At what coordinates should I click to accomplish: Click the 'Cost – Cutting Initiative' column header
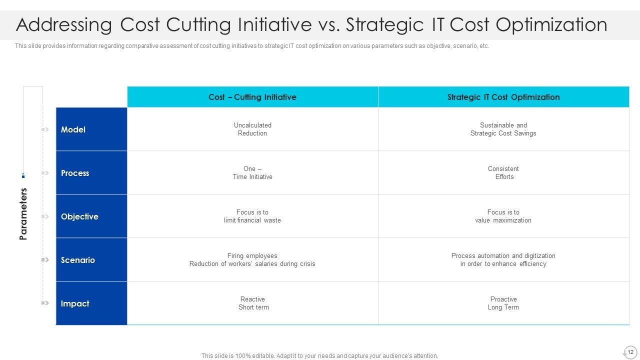(252, 97)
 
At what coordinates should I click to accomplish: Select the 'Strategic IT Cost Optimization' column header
(503, 97)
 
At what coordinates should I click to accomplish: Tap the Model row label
(73, 129)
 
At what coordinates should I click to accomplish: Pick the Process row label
(75, 173)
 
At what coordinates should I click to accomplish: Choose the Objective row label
(79, 216)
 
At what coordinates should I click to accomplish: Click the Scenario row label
(78, 260)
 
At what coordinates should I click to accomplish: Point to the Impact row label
(75, 303)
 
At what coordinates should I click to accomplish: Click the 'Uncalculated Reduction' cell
(252, 129)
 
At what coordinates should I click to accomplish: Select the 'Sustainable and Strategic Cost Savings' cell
(503, 129)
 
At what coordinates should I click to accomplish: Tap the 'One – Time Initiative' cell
(252, 172)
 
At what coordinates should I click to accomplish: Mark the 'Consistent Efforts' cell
(503, 172)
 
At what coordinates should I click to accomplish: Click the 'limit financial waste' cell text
(252, 220)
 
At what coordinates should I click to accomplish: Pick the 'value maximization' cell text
(503, 220)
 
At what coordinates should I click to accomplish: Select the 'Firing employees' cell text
(252, 255)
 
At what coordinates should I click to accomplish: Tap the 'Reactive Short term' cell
(253, 303)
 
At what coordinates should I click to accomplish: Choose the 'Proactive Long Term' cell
(503, 303)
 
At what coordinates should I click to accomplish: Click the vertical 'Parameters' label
(23, 214)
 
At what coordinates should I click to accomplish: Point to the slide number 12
(630, 352)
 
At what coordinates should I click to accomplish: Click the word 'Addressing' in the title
(64, 25)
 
